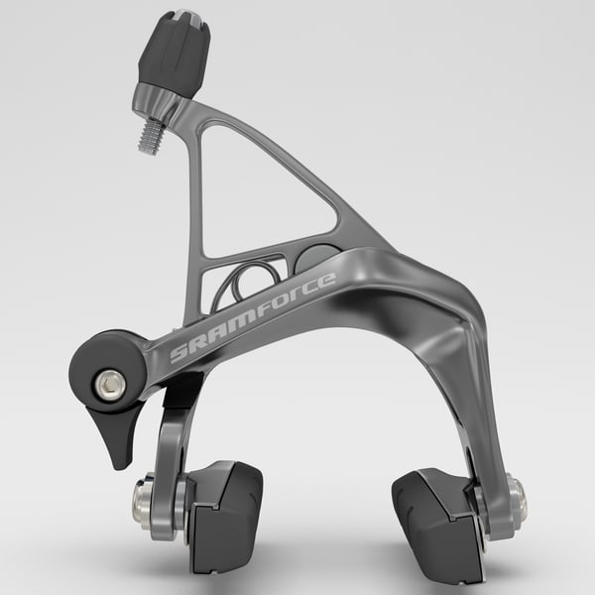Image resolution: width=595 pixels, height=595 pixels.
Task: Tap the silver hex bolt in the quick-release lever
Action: coord(109,383)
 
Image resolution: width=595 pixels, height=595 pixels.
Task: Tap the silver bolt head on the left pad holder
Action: coord(142,501)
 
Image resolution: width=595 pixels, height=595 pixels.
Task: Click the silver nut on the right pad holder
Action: coord(515,495)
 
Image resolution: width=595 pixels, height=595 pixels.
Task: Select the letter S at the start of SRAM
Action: coord(178,355)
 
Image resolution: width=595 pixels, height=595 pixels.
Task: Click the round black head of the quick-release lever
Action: coord(104,367)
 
